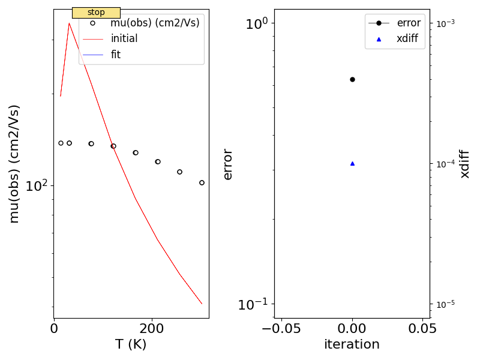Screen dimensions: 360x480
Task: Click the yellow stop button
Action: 96,13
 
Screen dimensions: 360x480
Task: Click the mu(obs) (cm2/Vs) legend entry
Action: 155,23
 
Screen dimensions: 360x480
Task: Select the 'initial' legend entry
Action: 124,39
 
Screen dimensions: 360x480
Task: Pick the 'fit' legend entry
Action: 116,55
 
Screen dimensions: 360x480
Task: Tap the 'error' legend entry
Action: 408,23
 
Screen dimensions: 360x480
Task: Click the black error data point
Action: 352,79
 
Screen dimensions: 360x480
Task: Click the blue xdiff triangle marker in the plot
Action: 352,163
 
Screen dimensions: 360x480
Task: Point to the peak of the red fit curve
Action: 70,23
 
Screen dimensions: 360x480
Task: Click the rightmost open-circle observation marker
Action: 202,182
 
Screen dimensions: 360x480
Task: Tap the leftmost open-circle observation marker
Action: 61,143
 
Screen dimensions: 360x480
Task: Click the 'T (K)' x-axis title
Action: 131,344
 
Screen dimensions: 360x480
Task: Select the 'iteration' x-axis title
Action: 352,344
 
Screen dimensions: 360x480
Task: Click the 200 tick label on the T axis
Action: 152,328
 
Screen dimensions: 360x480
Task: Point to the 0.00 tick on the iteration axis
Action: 352,328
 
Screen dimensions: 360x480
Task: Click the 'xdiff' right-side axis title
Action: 465,163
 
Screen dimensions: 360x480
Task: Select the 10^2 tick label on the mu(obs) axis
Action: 37,186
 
